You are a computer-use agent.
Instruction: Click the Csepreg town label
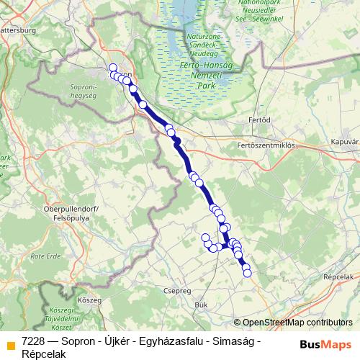tap(177, 292)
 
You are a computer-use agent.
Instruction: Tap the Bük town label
tap(202, 305)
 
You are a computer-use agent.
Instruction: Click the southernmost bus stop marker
tap(248, 272)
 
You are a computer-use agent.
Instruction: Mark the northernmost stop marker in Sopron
tap(112, 68)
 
